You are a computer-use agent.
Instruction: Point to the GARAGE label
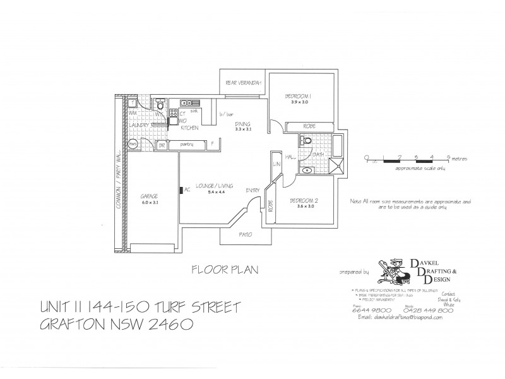pyautogui.click(x=149, y=196)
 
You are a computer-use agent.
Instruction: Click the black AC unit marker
pyautogui.click(x=181, y=189)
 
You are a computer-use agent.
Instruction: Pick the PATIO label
pyautogui.click(x=246, y=234)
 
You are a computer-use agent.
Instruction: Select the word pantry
pyautogui.click(x=187, y=145)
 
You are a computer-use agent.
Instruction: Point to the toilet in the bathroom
pyautogui.click(x=307, y=143)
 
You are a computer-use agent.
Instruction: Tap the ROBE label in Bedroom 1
pyautogui.click(x=309, y=125)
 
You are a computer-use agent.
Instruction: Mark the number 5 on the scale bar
pyautogui.click(x=448, y=155)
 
